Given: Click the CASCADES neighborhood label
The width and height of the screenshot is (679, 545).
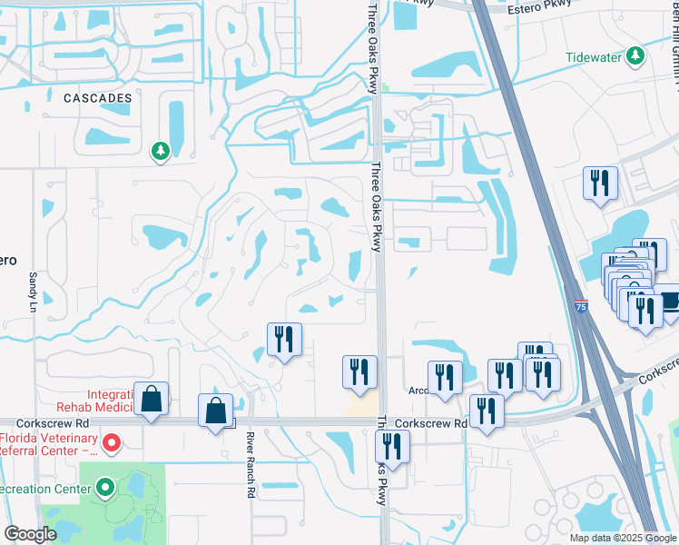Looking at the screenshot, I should pos(97,97).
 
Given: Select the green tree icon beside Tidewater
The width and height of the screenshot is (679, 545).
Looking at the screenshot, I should pos(636,56).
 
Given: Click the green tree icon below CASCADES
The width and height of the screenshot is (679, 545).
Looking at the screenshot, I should pos(161,151).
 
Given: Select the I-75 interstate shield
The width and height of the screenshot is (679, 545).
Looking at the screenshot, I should pos(580,308).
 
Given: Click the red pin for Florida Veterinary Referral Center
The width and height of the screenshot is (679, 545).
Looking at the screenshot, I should pos(112,443).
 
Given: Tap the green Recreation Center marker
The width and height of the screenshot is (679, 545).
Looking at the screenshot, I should pos(105,489).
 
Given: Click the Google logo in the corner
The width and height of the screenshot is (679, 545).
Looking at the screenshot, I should pos(31,534).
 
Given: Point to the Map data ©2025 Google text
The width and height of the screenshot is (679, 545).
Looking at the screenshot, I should pos(623,538).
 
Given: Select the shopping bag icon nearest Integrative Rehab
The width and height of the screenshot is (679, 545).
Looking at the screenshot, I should pos(151,399).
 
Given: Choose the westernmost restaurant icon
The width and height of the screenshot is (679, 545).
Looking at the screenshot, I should pos(284,340).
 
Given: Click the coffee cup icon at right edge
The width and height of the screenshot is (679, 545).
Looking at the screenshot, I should pos(670,300).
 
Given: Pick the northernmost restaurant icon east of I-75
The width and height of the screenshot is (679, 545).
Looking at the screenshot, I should pos(601,183).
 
